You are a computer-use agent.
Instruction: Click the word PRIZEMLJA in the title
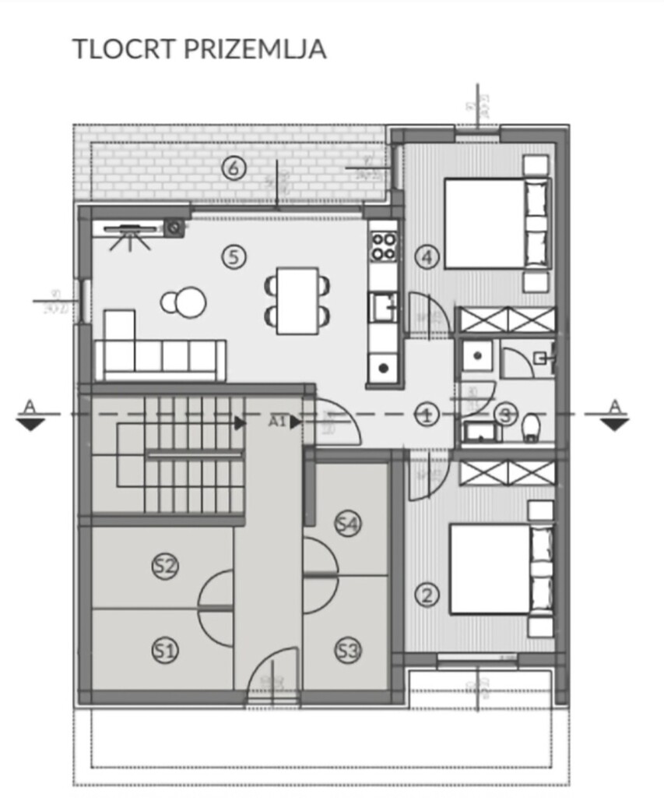point(255,48)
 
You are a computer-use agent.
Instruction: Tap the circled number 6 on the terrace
point(233,167)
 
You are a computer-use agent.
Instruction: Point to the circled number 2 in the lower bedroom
point(426,595)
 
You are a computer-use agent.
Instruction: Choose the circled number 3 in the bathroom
point(506,415)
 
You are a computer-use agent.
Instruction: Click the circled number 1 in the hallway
point(426,415)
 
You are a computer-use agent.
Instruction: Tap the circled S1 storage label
point(163,650)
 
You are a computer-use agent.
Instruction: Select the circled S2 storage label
point(163,567)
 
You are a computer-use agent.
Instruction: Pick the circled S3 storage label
point(348,650)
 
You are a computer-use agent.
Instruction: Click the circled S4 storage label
point(348,524)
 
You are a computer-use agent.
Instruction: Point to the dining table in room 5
point(297,300)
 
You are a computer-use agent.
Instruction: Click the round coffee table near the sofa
point(187,303)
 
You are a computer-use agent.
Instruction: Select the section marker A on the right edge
point(615,415)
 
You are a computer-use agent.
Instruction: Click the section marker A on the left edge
point(30,415)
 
